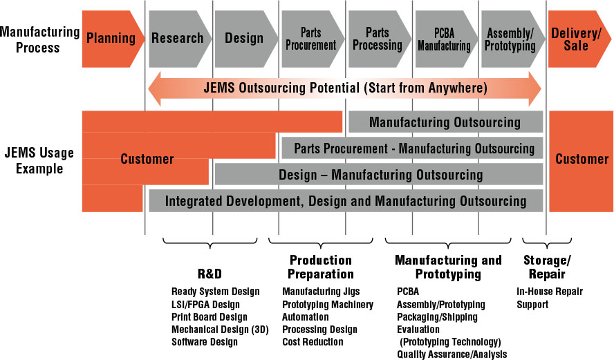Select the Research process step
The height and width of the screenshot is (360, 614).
[x=179, y=39]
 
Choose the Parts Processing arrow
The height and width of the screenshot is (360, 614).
[x=379, y=39]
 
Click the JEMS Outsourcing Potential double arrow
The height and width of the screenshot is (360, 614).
[x=345, y=88]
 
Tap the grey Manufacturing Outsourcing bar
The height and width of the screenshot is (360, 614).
[x=445, y=122]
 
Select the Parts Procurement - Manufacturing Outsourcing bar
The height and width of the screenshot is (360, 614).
[x=412, y=149]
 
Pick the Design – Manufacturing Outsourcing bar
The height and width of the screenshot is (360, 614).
[x=379, y=174]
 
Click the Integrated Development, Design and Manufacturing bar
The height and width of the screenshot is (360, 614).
[x=346, y=201]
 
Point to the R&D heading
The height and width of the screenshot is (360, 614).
[x=210, y=274]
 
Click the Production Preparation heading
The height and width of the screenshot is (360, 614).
[x=321, y=267]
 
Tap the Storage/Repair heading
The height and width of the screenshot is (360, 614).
[x=547, y=267]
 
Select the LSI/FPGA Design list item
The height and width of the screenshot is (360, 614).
[x=205, y=305]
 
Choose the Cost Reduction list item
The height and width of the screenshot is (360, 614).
[x=313, y=341]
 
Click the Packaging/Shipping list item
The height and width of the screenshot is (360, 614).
[x=437, y=317]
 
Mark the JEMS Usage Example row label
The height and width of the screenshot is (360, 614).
[x=39, y=160]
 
